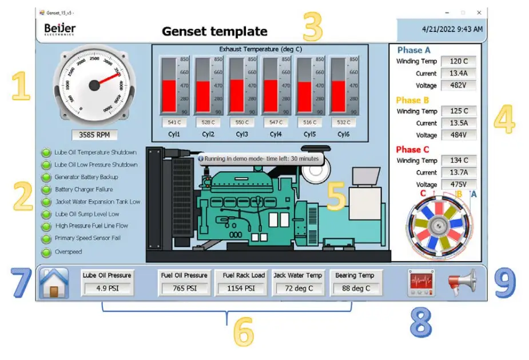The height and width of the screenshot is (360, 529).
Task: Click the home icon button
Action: pos(54,282)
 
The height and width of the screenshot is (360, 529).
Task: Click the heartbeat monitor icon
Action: pos(420,282)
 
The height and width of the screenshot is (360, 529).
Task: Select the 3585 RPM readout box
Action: pos(94,136)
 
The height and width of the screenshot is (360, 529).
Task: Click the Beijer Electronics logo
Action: pos(59,29)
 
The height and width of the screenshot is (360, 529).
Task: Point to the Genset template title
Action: pos(214,31)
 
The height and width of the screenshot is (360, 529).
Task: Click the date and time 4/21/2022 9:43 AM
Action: pos(452,29)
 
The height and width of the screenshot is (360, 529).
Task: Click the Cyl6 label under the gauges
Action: pos(344,134)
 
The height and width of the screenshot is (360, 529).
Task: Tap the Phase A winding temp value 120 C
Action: pos(459,61)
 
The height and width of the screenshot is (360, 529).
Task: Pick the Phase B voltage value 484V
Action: pos(459,135)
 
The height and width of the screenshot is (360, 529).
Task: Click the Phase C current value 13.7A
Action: pos(459,172)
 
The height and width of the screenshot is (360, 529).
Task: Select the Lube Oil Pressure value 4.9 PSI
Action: pos(106,288)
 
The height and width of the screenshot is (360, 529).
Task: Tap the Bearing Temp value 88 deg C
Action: pos(355,288)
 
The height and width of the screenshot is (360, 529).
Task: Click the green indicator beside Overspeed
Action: pos(46,252)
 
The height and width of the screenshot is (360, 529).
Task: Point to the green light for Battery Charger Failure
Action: pos(46,189)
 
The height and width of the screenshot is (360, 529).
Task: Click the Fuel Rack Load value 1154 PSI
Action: pos(244,288)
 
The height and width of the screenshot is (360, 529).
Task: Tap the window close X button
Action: pos(479,12)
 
